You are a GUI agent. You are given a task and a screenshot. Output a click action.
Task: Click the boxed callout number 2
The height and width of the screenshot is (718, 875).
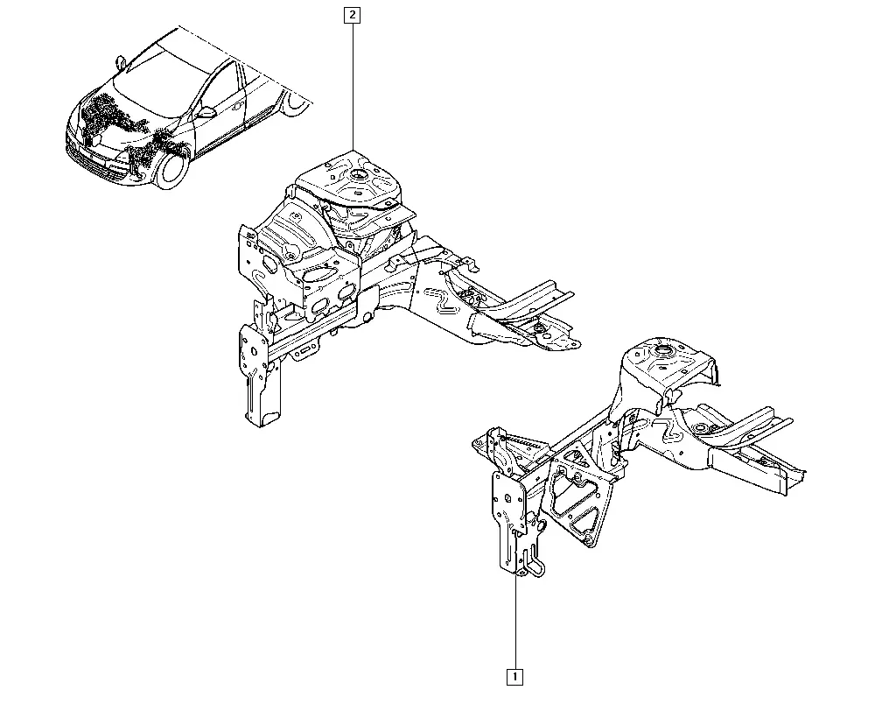pos(352,15)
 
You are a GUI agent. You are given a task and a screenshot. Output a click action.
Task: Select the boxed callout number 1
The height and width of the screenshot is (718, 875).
pos(514,677)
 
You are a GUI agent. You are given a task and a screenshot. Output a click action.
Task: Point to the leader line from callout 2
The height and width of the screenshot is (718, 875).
pos(353,87)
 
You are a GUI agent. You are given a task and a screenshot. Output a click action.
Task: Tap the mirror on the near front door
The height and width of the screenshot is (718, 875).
pos(206,112)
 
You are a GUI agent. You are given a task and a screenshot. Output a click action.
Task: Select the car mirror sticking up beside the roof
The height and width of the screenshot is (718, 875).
pos(120,60)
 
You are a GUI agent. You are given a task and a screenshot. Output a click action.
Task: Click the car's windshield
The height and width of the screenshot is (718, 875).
pos(159,73)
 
